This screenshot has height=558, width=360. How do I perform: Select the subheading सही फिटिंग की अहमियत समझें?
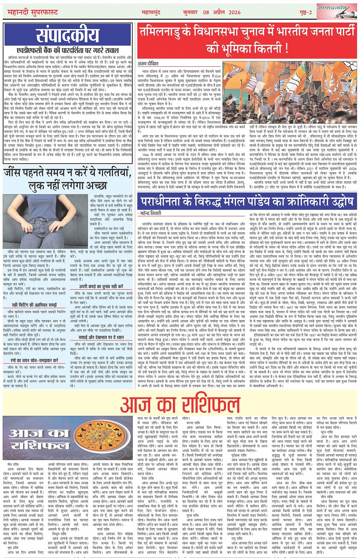[x=34, y=305]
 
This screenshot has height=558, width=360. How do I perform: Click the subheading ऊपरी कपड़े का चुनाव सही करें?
[x=101, y=286]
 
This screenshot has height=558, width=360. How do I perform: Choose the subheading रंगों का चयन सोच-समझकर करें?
[x=34, y=360]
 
